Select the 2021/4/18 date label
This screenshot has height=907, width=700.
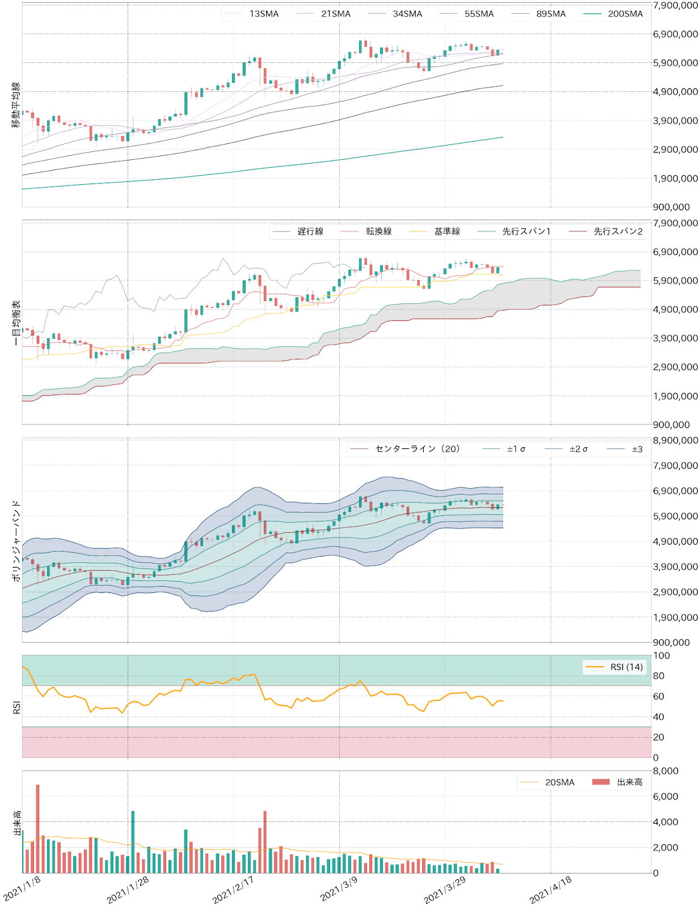pos(551,889)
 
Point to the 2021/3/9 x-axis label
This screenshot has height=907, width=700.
pos(339,888)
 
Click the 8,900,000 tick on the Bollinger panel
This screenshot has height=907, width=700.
pos(675,440)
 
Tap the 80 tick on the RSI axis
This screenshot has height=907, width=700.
pos(659,676)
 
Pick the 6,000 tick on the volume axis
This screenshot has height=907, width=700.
pos(665,796)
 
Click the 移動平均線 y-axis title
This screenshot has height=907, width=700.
pos(16,105)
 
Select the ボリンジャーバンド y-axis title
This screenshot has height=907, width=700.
pos(16,540)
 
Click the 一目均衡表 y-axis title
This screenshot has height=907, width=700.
pos(16,323)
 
